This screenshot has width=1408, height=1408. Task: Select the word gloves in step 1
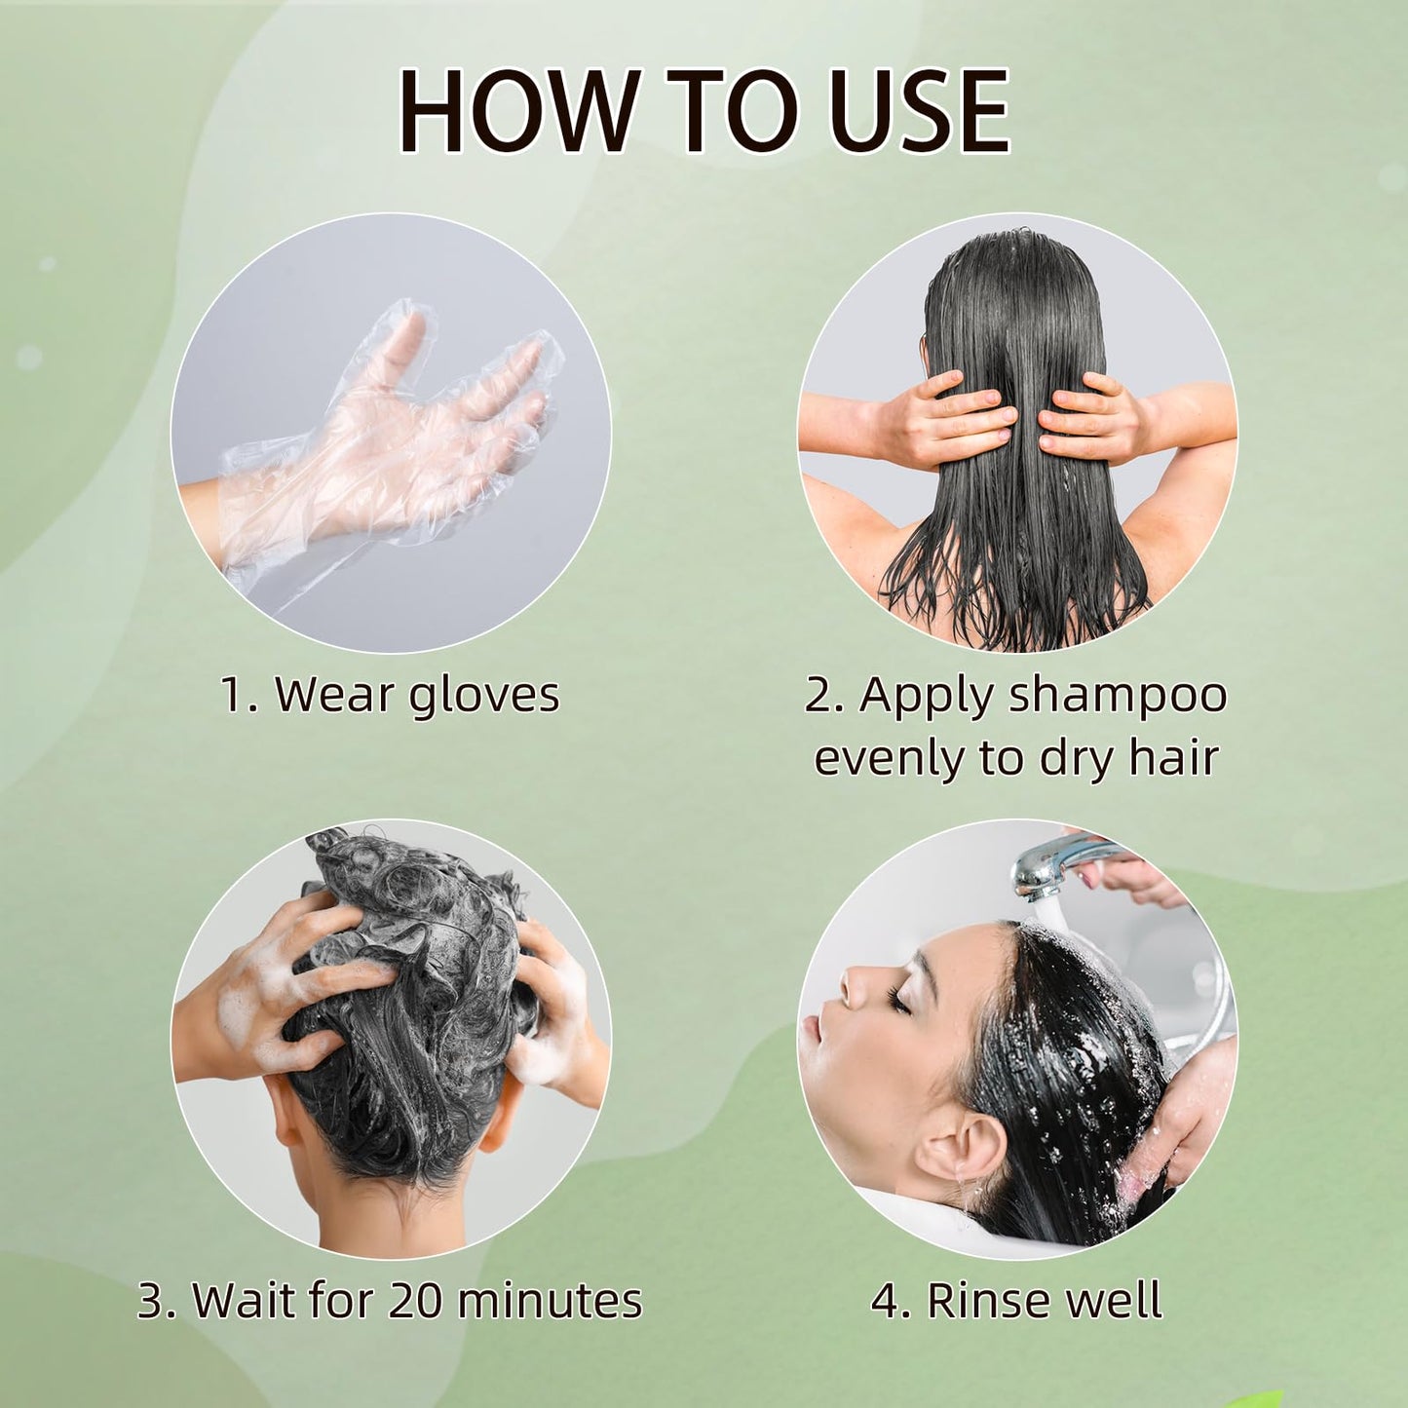click(483, 697)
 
